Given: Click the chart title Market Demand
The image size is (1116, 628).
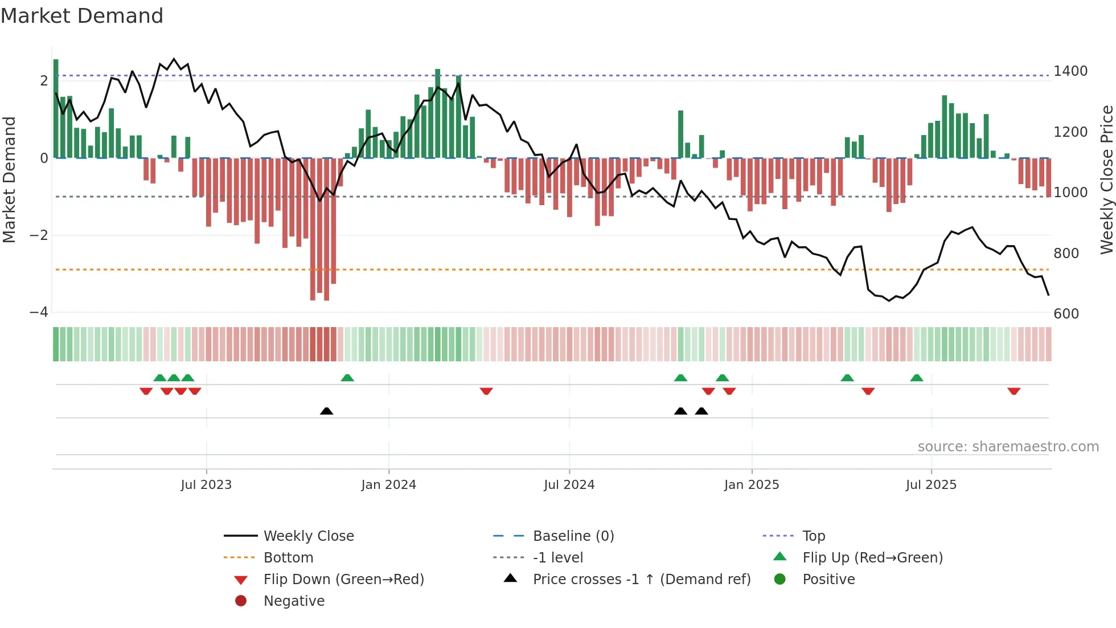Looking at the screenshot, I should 82,16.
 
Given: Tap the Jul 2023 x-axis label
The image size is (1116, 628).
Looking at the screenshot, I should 206,485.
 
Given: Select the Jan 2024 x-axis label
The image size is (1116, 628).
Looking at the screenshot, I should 388,485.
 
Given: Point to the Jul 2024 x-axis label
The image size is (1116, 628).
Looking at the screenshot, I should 569,485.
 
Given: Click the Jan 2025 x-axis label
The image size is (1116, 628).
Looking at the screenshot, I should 751,485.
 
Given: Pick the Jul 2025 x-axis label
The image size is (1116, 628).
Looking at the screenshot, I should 931,485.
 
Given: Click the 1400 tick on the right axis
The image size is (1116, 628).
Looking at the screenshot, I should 1070,71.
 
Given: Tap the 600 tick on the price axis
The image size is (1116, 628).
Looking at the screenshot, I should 1066,314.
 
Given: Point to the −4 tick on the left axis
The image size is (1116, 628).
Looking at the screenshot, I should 39,312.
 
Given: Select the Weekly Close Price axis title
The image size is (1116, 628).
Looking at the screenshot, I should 1106,180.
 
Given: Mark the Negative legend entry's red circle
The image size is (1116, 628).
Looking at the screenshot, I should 241,601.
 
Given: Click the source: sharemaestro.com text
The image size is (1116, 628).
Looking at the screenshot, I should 1008,447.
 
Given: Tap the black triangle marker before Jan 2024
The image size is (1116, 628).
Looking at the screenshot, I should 326,411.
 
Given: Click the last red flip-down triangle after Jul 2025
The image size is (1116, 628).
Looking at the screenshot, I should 1014,391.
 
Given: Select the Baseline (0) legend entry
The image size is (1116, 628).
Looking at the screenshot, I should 573,536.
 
